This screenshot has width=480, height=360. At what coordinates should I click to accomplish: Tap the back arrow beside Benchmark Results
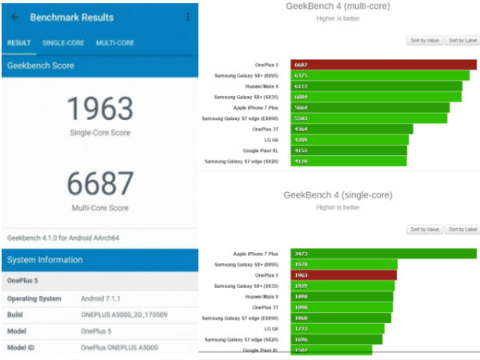click(15, 17)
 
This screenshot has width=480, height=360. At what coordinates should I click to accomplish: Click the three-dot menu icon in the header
click(187, 17)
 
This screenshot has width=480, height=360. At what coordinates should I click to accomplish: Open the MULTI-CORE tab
click(114, 42)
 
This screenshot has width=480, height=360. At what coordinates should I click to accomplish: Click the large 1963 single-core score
click(98, 108)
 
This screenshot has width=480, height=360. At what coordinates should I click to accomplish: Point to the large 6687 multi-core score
click(98, 184)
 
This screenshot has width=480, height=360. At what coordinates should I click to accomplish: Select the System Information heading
click(45, 259)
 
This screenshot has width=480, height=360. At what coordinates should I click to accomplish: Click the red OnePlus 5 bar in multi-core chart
click(383, 65)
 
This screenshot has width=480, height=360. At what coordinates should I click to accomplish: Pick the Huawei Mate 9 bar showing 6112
click(376, 86)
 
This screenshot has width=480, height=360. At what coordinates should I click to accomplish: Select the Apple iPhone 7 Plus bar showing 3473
click(383, 254)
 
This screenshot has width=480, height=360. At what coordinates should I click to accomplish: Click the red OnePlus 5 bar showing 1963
click(343, 275)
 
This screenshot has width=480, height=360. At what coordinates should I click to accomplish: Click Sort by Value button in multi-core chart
click(424, 40)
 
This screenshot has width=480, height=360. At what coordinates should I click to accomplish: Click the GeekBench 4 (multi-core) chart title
click(344, 6)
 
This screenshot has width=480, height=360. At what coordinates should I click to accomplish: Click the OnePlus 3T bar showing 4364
click(351, 129)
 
